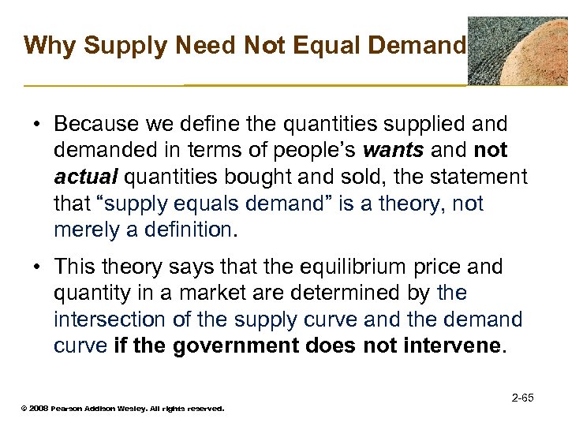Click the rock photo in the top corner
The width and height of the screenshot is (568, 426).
coord(517,50)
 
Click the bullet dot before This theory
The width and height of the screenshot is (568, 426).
coord(38,267)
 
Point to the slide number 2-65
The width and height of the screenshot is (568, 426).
coord(522,398)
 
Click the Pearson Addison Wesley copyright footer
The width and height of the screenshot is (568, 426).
coord(123,409)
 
